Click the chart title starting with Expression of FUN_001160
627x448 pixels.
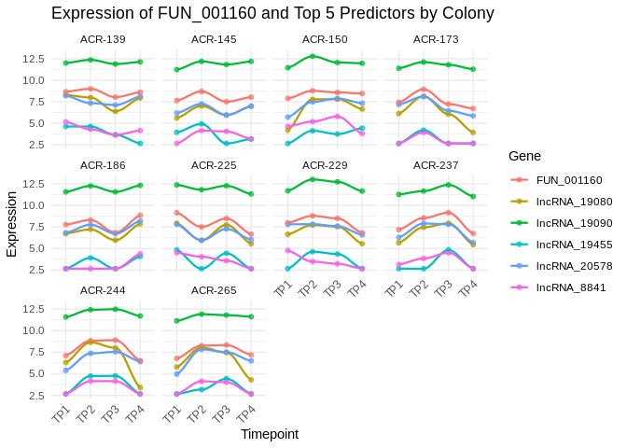pyautogui.click(x=272, y=13)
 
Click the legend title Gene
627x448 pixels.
pyautogui.click(x=525, y=156)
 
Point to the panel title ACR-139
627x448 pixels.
pyautogui.click(x=103, y=39)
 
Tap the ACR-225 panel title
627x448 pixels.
pyautogui.click(x=214, y=164)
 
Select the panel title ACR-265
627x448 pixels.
pyautogui.click(x=214, y=289)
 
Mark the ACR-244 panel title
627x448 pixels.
pyautogui.click(x=103, y=289)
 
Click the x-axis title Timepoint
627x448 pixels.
pyautogui.click(x=270, y=434)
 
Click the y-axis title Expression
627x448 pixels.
pyautogui.click(x=11, y=224)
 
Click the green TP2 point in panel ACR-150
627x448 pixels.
pyautogui.click(x=313, y=56)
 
